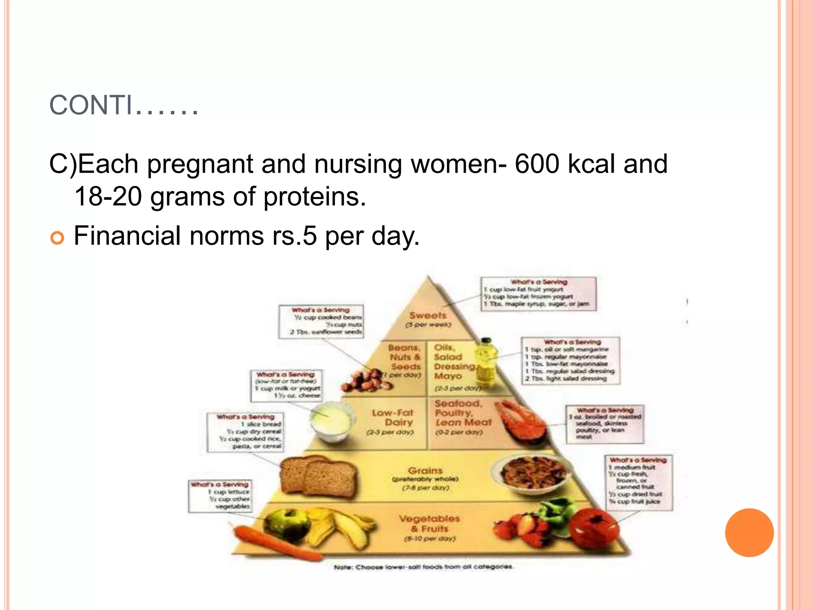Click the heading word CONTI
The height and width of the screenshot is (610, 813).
(91, 106)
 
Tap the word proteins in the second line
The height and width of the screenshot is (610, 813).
(314, 197)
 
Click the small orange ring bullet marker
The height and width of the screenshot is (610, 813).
(57, 238)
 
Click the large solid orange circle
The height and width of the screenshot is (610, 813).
(749, 533)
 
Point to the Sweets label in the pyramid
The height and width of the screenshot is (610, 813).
(428, 316)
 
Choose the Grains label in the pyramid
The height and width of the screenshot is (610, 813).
(425, 471)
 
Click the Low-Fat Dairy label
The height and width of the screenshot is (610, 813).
(393, 418)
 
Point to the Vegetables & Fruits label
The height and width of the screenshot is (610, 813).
(430, 523)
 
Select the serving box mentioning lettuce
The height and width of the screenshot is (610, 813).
(220, 495)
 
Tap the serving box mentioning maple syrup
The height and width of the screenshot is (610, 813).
(538, 294)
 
